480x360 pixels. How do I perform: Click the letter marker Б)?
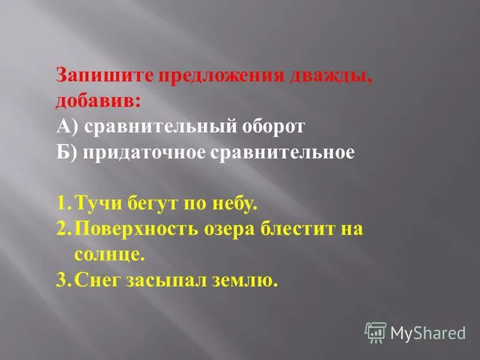(67, 152)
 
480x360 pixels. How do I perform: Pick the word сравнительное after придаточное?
(283, 152)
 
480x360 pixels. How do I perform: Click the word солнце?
(110, 254)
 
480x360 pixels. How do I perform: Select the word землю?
(246, 280)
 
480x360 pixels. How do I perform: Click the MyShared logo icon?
(375, 332)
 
